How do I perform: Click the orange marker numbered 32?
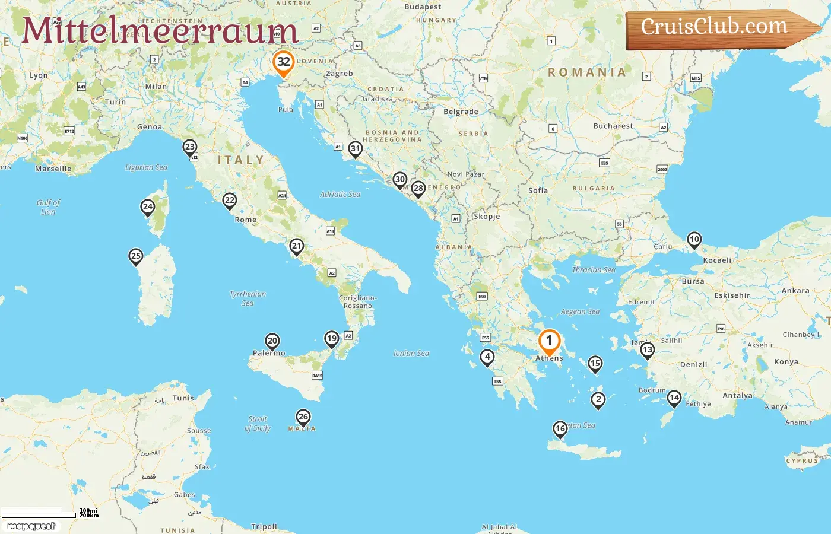(283, 62)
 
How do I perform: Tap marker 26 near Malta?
(303, 417)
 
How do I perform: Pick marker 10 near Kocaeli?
(694, 240)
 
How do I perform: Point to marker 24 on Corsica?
(148, 207)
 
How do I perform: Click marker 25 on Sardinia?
(136, 256)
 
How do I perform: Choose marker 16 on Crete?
(560, 428)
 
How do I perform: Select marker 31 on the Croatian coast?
(355, 149)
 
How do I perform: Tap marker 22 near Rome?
(229, 201)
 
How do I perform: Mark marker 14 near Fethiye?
(674, 398)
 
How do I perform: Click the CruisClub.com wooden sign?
(715, 28)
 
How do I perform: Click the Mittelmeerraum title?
(160, 31)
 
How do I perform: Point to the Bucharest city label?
(613, 126)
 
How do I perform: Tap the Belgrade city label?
(461, 112)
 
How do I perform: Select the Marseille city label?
(53, 169)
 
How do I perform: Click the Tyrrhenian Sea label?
(248, 298)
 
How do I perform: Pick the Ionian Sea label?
(411, 353)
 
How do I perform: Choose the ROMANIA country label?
(586, 72)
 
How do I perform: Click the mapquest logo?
(31, 526)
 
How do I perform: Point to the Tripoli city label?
(264, 526)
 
